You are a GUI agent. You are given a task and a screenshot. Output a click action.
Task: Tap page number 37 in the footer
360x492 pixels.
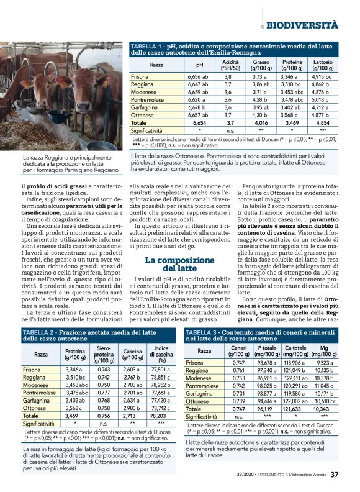[x=334, y=475]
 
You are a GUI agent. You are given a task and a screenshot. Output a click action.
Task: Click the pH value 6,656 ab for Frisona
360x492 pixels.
[x=198, y=76]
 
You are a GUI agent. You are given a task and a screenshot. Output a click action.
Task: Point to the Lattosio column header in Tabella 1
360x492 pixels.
[x=323, y=65]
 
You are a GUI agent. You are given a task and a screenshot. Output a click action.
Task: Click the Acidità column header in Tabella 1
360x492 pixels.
[x=230, y=65]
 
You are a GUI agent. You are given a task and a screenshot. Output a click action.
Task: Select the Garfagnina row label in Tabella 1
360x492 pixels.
[x=146, y=107]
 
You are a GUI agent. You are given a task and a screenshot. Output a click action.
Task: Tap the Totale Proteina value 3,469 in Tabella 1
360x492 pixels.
[x=292, y=123]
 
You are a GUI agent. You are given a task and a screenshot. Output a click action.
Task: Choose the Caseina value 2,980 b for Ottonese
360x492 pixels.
[x=132, y=408]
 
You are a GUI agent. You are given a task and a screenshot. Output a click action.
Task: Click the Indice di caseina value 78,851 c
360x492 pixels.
[x=161, y=377]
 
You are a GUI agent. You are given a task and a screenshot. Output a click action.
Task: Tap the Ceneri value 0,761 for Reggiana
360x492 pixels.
[x=238, y=370]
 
